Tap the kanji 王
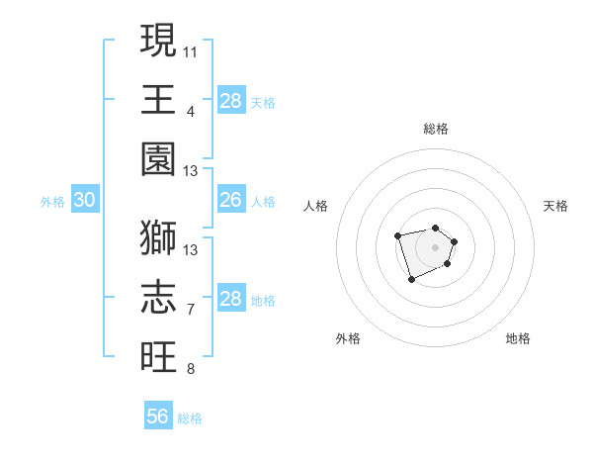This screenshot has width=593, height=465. [x=158, y=99]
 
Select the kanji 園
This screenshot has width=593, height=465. [x=158, y=158]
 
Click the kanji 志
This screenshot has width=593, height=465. [x=158, y=297]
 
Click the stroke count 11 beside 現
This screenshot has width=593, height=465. [x=190, y=49]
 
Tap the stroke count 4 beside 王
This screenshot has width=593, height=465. [x=190, y=111]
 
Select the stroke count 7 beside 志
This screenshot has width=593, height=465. [x=190, y=310]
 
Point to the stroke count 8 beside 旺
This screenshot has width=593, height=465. [x=190, y=370]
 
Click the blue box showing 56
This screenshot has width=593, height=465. [x=158, y=417]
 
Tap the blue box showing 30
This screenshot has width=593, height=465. [x=84, y=201]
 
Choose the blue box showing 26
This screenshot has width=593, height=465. [x=230, y=201]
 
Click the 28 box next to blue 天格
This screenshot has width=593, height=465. [x=230, y=101]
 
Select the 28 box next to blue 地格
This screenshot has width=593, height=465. [x=230, y=299]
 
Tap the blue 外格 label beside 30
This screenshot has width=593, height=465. [x=52, y=202]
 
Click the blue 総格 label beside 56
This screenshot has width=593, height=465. [x=190, y=418]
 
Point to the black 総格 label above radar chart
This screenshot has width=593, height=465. [x=435, y=129]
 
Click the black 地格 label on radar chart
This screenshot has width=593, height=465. [x=518, y=338]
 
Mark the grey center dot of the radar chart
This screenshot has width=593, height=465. [x=435, y=246]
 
